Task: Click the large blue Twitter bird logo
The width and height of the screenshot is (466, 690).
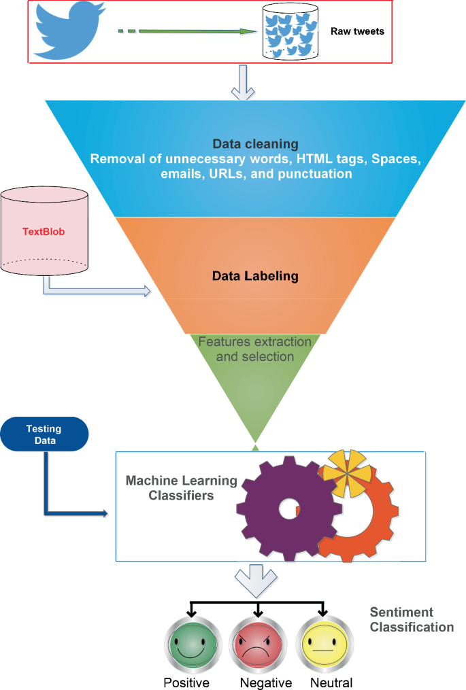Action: tap(68, 31)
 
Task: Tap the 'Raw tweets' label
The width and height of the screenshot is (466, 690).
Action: tap(357, 31)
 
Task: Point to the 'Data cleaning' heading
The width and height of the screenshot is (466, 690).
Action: tap(255, 144)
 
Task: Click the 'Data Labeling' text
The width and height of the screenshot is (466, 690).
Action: tap(254, 276)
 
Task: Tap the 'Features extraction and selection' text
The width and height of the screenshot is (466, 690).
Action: tap(254, 349)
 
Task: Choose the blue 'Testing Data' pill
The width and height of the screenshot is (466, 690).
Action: tap(44, 434)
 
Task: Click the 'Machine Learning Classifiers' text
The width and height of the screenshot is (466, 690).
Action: tap(181, 488)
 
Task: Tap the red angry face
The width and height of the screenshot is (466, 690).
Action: tap(257, 646)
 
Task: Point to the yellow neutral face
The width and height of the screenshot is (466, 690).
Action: tap(322, 646)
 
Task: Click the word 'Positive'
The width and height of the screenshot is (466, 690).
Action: tap(186, 683)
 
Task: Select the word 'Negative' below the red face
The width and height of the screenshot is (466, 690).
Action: tap(265, 683)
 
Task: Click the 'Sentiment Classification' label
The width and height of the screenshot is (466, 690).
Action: tap(411, 619)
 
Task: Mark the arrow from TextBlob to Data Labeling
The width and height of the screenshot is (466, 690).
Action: tap(95, 290)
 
